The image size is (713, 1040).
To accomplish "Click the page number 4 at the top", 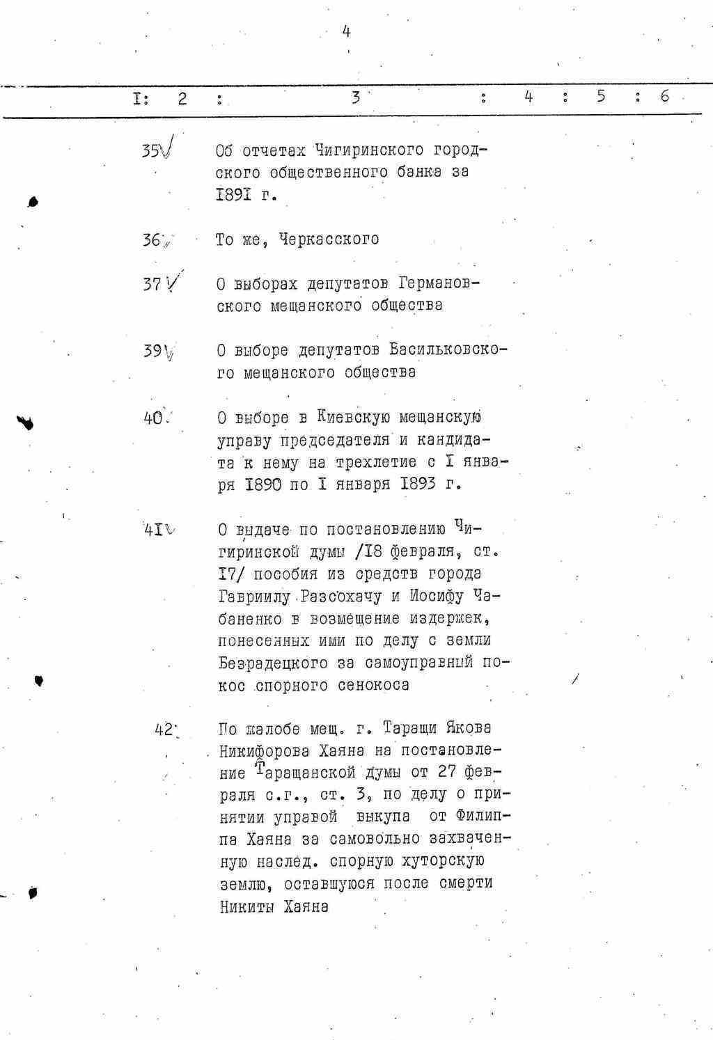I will [346, 31].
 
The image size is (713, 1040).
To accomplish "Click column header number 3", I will [355, 97].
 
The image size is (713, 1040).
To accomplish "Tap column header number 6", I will [664, 97].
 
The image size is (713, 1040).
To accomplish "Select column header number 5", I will [600, 97].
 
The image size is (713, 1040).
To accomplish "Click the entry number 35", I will [150, 150].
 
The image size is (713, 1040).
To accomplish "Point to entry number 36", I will [151, 240].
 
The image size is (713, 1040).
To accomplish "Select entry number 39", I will [152, 351].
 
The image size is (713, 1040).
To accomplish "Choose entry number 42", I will [164, 730].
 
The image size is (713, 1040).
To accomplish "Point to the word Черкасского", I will [329, 239].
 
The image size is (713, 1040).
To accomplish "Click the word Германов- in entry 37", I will [439, 283].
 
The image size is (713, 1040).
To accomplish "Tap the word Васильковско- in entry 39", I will [448, 350].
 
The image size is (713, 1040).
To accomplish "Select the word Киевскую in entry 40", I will [354, 418].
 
